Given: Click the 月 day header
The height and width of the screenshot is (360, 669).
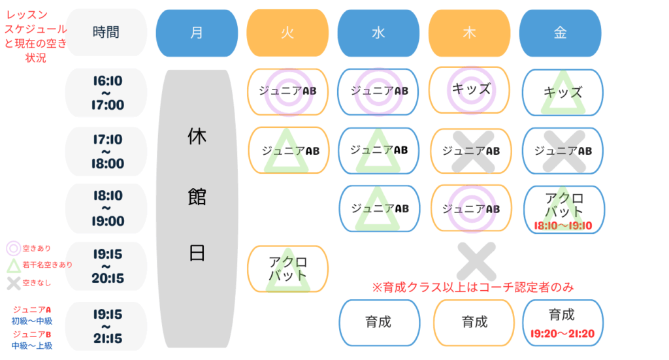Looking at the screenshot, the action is coord(197,33).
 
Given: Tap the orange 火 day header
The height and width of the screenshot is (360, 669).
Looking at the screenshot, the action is coord(287,33).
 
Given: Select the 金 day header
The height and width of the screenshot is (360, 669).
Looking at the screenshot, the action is coord(560,33).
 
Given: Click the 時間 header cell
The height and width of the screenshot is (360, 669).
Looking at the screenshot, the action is coord(106,33).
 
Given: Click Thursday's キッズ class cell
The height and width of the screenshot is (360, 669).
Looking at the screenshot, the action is coord(469,90).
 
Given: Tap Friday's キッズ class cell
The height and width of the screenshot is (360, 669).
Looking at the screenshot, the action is coord(563,93).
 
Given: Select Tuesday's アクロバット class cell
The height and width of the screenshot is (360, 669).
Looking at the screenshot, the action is coord(288,269).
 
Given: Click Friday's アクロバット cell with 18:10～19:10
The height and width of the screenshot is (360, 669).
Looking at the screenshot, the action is coord(564,210).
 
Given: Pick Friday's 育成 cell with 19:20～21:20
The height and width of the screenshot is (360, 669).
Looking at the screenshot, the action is coord(563,323).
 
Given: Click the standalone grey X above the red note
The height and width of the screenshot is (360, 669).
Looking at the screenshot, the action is coord(476,261).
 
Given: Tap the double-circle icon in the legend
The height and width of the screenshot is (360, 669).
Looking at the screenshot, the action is coord(13,248).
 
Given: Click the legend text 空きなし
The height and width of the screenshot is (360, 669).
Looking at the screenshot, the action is coord(37,283).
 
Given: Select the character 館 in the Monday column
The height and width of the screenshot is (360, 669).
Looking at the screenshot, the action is coord(197,197).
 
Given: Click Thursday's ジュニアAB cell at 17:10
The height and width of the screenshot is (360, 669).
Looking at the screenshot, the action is coord(471,151).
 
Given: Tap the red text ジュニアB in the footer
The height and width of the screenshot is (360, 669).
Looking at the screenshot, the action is coord(31,334).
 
